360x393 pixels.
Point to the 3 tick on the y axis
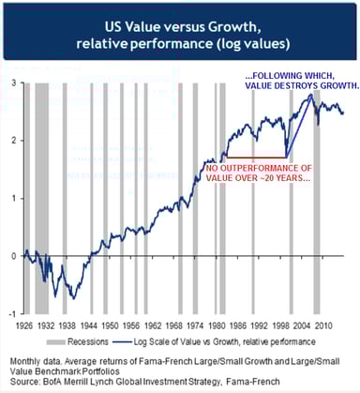coord(11,83)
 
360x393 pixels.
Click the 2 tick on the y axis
coord(11,140)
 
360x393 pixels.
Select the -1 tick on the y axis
coord(9,312)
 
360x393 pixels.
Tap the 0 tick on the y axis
coord(11,255)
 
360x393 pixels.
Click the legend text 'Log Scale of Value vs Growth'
coord(234,342)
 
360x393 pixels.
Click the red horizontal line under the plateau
coord(253,157)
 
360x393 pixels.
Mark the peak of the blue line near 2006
coord(311,95)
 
